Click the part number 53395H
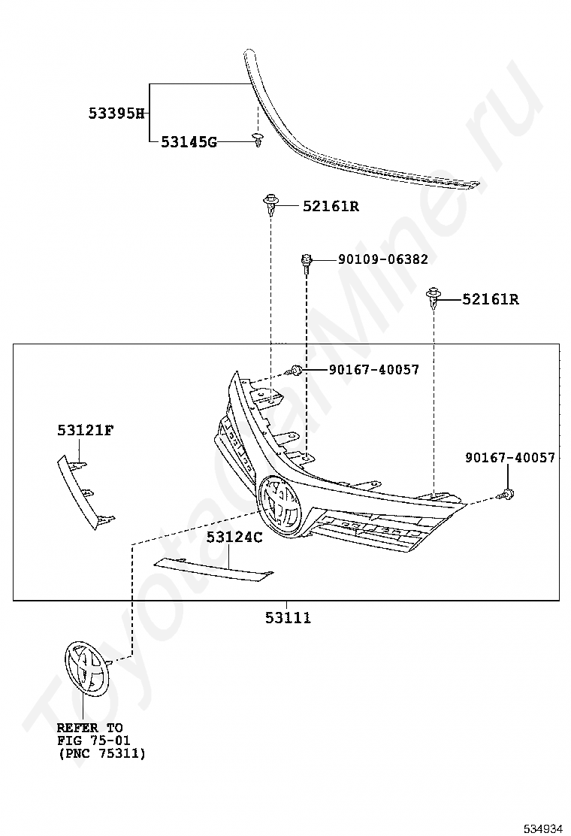click(116, 113)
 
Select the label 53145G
click(189, 142)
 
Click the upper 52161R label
click(331, 206)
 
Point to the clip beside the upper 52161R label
click(272, 204)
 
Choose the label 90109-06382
click(383, 259)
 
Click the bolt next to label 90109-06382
click(307, 264)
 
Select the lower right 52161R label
click(491, 299)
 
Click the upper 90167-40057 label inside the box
click(374, 369)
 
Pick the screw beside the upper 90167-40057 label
click(295, 369)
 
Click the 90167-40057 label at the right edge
click(510, 457)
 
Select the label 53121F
click(85, 430)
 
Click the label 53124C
click(234, 537)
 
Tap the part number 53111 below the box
click(289, 617)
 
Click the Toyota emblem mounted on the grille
click(279, 505)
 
